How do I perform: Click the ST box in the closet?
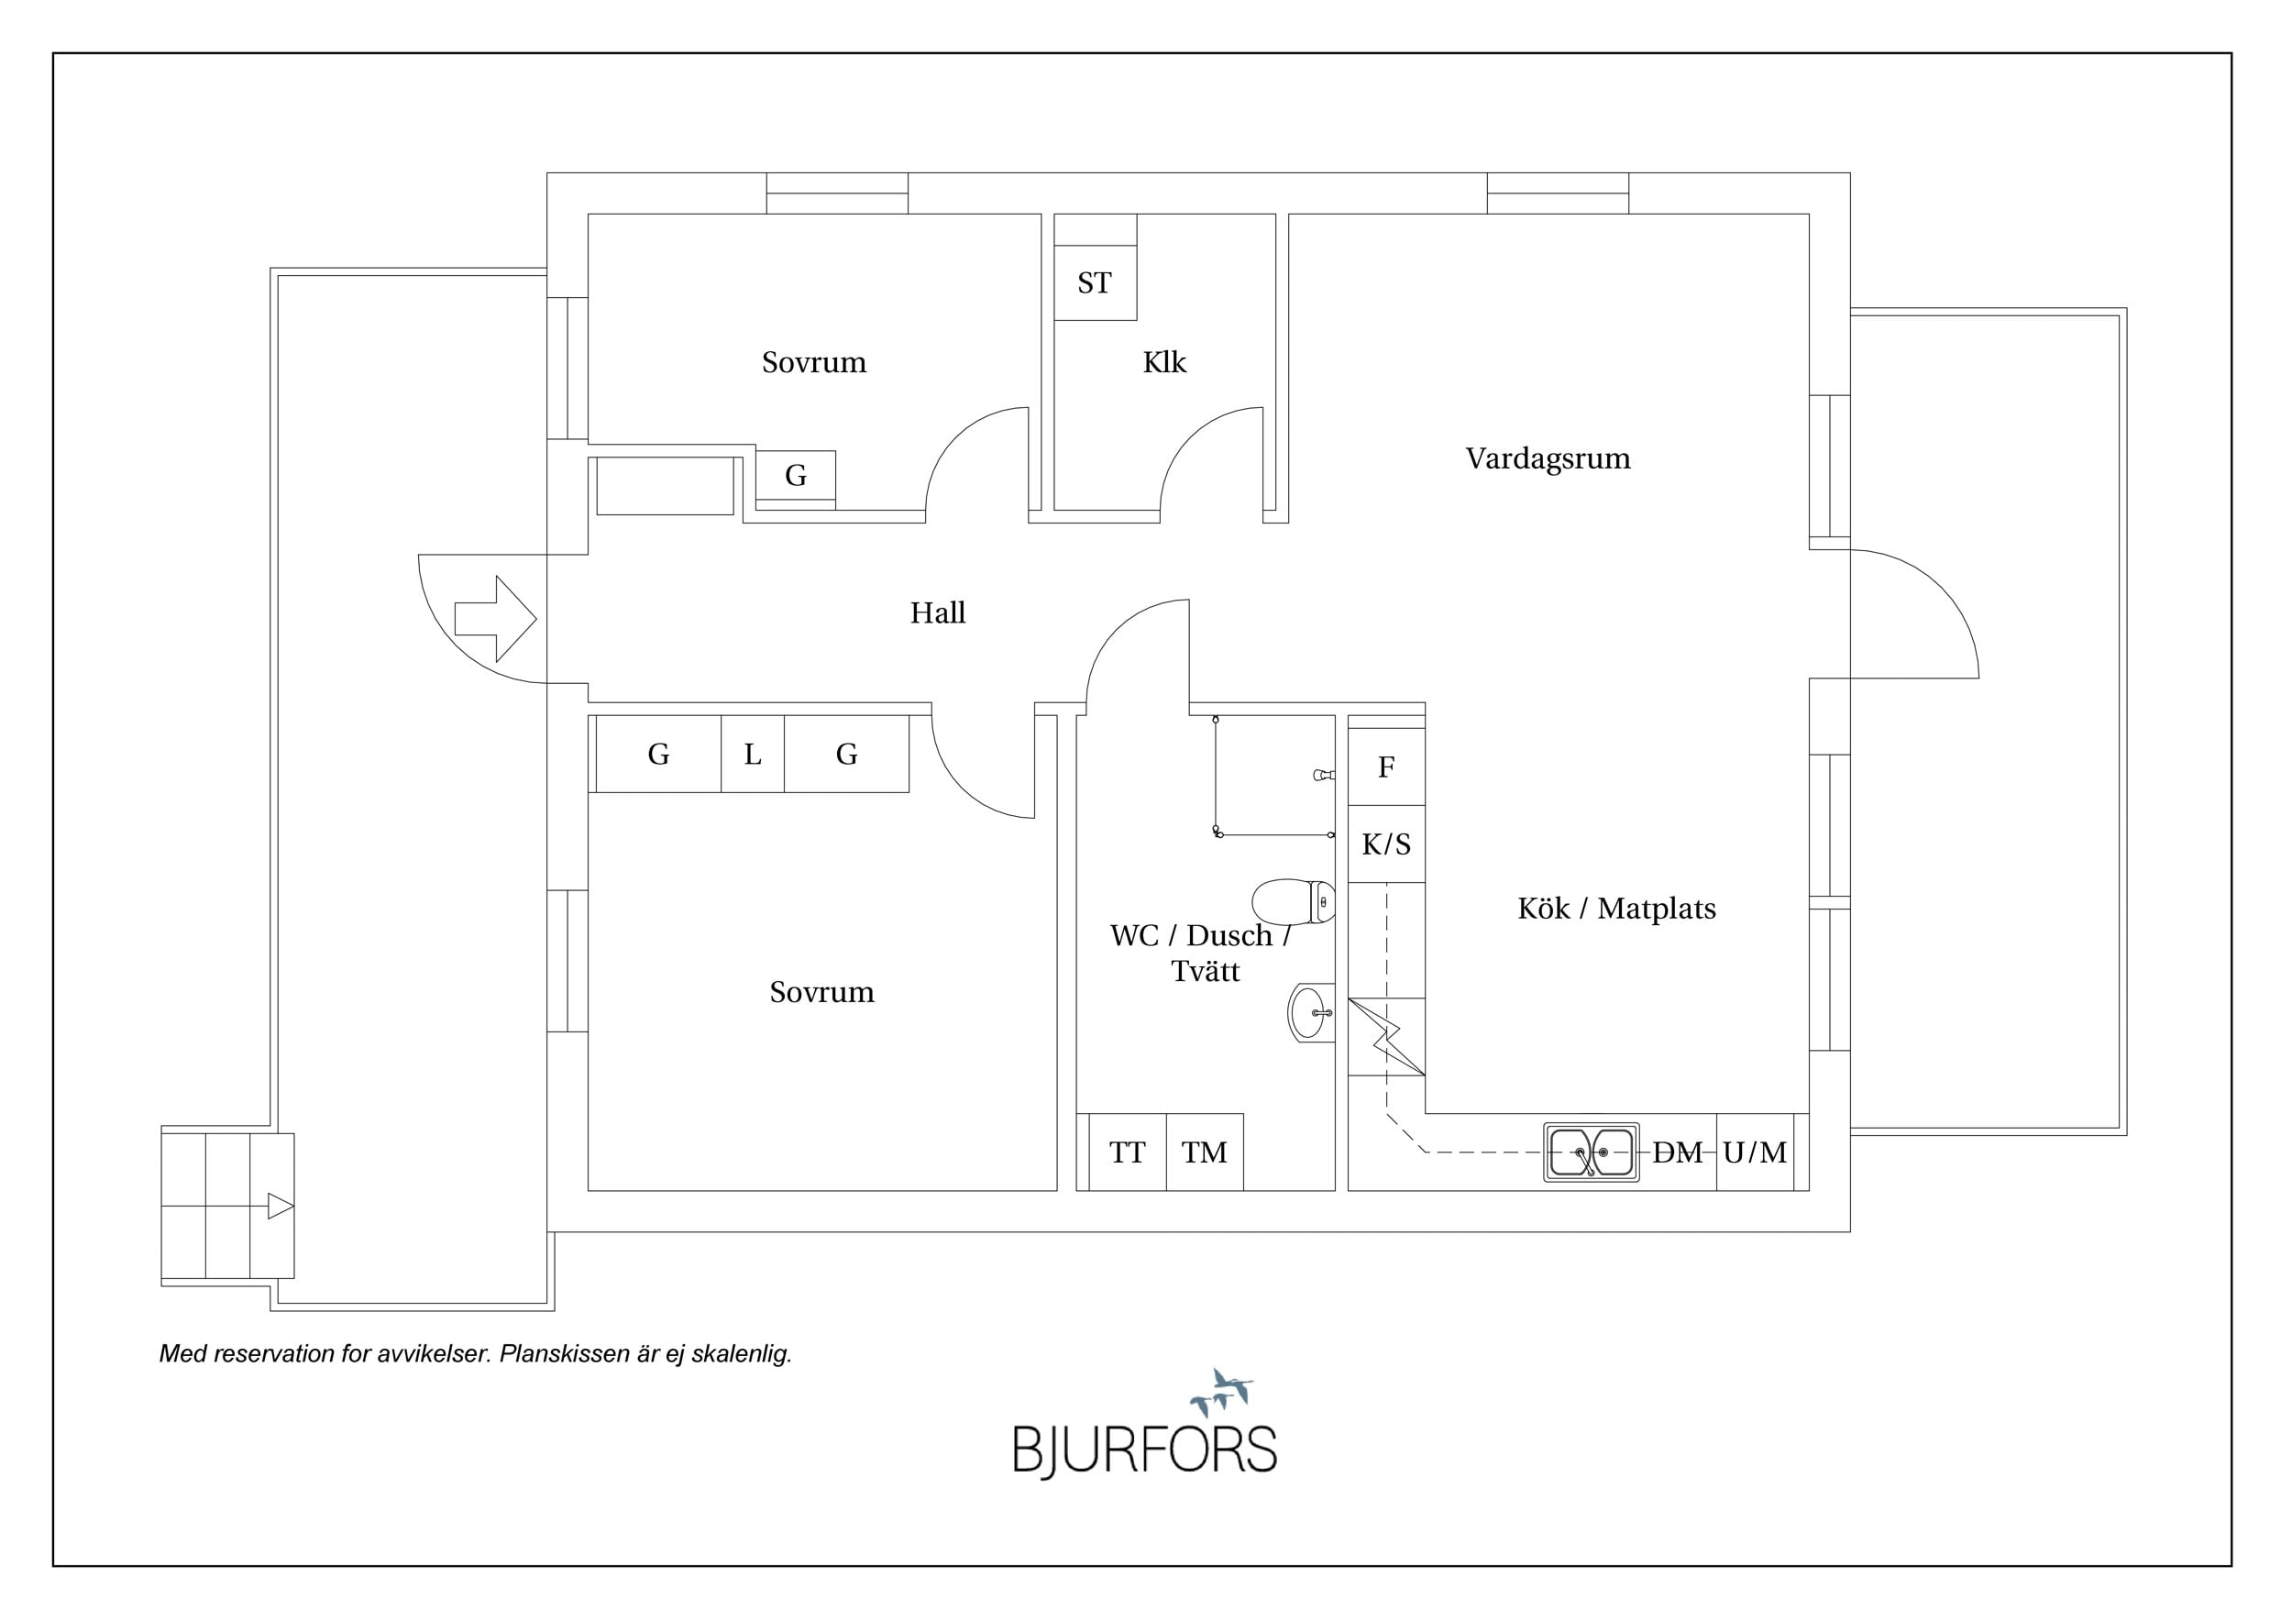[1095, 282]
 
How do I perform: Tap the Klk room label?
[1164, 361]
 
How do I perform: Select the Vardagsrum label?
[1548, 458]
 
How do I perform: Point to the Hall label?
[937, 612]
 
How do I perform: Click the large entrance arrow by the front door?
[495, 619]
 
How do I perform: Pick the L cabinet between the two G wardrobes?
[753, 754]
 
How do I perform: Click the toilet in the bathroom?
[1293, 902]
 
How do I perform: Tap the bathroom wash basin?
[1311, 1013]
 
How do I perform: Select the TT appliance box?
[1127, 1152]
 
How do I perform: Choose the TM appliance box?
[1205, 1152]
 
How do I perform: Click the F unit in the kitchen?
[1386, 766]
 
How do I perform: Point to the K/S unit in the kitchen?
[1386, 844]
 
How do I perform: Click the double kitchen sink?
[1592, 1152]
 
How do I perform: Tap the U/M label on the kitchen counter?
[1754, 1152]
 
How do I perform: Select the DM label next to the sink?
[1677, 1152]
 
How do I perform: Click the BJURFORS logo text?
[1145, 1450]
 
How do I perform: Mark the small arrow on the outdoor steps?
[281, 1207]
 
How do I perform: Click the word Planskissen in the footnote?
[555, 1354]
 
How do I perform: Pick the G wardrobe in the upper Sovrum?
[796, 475]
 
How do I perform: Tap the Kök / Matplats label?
[1616, 909]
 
